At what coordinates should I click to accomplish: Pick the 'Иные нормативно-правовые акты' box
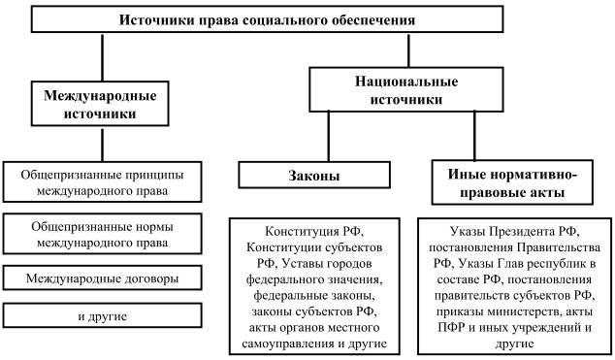514,184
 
